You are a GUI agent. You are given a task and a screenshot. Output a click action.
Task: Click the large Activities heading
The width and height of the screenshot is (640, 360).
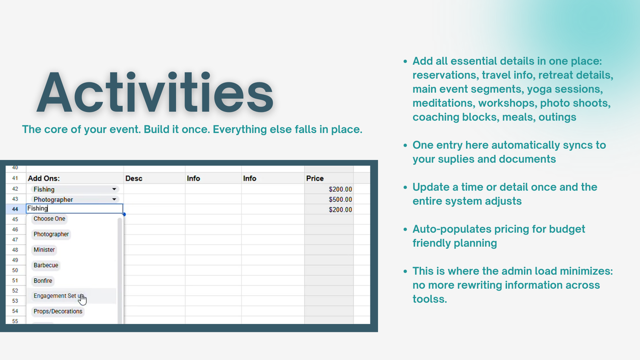click(155, 93)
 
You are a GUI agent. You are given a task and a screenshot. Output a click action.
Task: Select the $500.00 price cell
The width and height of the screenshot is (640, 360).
click(340, 199)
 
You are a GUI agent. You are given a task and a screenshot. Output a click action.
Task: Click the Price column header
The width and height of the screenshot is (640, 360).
click(315, 178)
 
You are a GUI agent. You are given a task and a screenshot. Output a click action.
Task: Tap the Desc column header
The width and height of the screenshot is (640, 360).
click(134, 178)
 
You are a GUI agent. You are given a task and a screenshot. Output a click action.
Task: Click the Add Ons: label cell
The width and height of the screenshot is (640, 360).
click(44, 178)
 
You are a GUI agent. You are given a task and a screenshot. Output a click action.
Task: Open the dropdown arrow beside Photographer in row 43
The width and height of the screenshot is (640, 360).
click(114, 199)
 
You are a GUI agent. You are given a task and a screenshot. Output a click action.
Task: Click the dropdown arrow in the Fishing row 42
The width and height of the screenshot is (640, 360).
click(114, 189)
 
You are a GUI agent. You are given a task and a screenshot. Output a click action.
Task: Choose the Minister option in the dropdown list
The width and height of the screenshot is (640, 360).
click(44, 250)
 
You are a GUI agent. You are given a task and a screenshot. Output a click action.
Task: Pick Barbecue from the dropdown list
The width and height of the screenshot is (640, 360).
click(46, 265)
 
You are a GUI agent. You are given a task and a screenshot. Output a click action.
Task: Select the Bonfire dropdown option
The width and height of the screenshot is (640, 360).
click(43, 281)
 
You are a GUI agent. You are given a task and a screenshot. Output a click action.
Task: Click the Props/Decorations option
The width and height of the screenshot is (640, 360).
click(58, 311)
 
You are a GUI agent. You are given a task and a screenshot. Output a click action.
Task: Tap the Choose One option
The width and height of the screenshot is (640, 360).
click(49, 219)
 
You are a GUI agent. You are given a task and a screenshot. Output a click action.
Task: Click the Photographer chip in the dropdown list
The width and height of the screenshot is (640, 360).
click(51, 234)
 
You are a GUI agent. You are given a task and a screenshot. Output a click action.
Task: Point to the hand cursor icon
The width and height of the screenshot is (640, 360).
click(82, 300)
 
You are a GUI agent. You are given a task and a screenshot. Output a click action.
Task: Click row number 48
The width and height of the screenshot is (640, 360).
click(15, 250)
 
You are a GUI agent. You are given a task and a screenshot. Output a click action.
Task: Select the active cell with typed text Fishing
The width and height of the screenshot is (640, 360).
click(74, 209)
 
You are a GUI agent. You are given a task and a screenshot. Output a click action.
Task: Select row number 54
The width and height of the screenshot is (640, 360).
click(15, 311)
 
